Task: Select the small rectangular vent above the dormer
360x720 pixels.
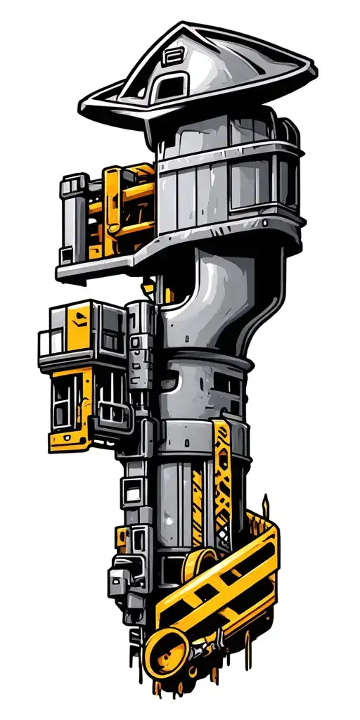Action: pos(172,55)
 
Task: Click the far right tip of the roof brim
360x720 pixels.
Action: pos(314,70)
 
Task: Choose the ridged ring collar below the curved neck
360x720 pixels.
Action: pos(211,362)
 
